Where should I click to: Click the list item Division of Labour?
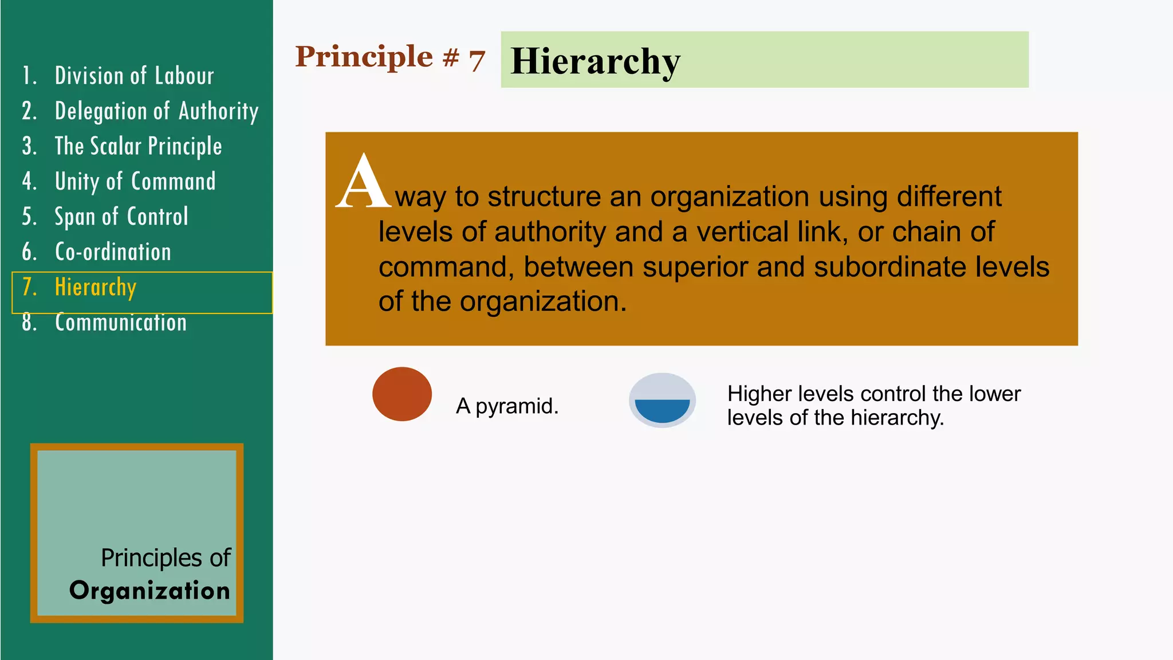[134, 76]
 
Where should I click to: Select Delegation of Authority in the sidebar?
[156, 111]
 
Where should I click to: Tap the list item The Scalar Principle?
[138, 147]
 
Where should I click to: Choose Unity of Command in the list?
[135, 182]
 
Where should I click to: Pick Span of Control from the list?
[121, 217]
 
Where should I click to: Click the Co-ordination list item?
[113, 252]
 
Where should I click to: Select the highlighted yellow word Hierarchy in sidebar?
[96, 287]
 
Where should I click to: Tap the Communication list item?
[121, 323]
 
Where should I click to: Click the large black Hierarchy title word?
[595, 61]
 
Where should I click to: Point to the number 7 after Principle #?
[477, 60]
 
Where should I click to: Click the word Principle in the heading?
[364, 57]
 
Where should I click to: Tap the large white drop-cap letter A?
[363, 182]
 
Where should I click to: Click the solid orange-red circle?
[402, 394]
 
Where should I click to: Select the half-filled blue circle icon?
[662, 400]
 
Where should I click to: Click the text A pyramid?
[507, 406]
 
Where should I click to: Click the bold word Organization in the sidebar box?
[149, 591]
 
